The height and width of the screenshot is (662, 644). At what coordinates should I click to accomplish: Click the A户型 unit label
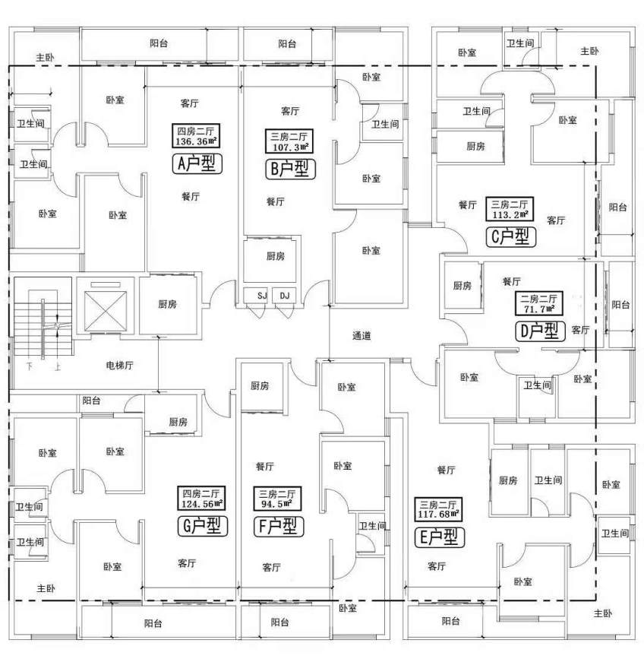(198, 163)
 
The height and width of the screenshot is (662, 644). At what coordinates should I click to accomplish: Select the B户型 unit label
(289, 169)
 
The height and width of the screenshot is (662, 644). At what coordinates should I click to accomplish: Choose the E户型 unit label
(439, 537)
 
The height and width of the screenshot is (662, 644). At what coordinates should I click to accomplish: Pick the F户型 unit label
(276, 525)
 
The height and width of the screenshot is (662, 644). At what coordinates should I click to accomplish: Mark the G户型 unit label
(201, 525)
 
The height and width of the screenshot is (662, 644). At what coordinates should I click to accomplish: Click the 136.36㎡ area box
(197, 136)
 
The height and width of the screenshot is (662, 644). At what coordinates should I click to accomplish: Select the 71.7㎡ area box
(538, 303)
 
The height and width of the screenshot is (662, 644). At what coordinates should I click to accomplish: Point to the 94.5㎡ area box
(276, 498)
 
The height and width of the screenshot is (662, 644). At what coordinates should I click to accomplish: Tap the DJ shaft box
(285, 295)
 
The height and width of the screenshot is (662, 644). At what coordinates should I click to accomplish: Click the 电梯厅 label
(119, 366)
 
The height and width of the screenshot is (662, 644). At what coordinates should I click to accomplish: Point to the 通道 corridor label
(361, 335)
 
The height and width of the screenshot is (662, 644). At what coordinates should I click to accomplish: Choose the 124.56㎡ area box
(201, 498)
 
